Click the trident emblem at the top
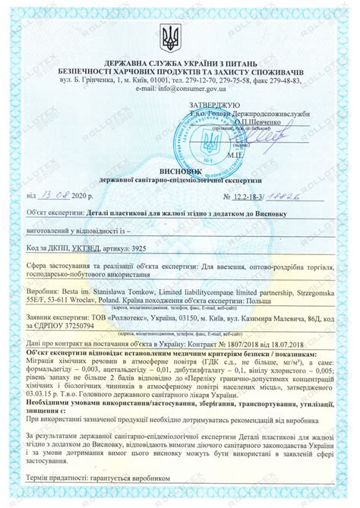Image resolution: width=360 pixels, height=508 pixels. click(180, 37)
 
